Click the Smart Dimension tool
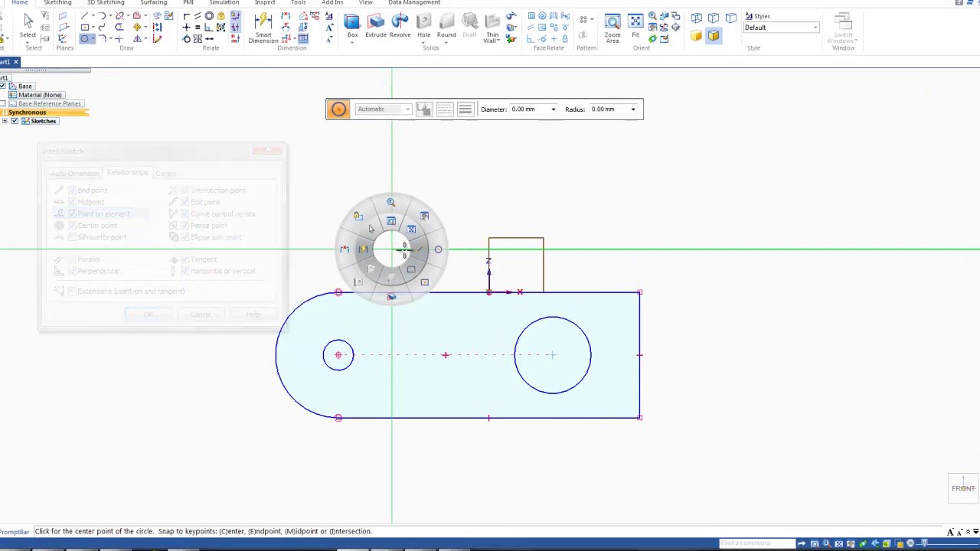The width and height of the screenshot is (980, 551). point(263,26)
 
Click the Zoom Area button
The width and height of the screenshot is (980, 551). point(612,26)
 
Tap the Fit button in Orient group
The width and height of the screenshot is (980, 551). point(635,26)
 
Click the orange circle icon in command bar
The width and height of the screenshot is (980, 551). point(338,109)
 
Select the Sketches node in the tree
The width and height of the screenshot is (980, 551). point(43,121)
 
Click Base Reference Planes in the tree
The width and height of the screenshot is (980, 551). point(49,103)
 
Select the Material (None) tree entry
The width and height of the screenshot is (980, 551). point(40,95)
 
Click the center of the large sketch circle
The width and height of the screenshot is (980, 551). point(552,354)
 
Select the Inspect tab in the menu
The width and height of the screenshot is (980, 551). point(265,3)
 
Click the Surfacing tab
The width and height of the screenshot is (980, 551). point(153,3)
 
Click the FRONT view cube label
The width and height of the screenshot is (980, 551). point(963,488)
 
